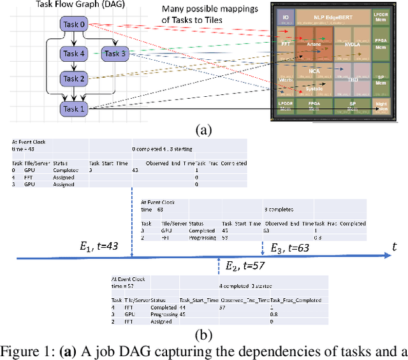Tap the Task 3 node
point(115,54)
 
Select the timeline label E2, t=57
point(245,265)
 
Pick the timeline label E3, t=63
point(291,248)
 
